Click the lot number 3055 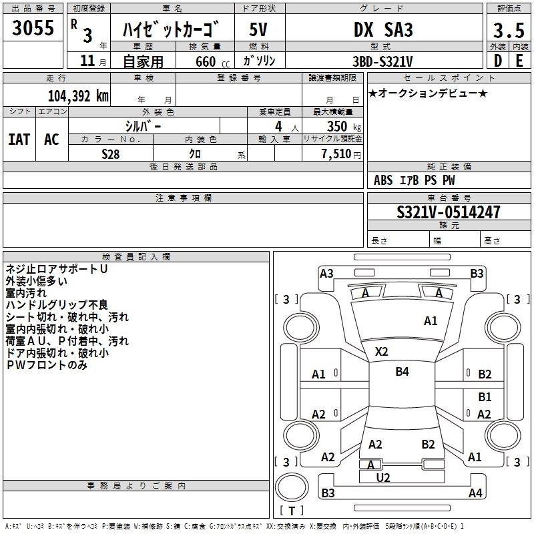(x=33, y=29)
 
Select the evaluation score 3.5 (x=507, y=31)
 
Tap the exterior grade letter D (x=497, y=60)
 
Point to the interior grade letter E (x=519, y=60)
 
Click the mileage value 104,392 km (x=78, y=95)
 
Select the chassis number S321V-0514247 (x=448, y=213)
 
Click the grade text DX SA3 (x=383, y=30)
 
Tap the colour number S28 (x=110, y=153)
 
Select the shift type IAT (x=19, y=140)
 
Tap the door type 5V (x=259, y=30)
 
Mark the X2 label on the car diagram (x=382, y=351)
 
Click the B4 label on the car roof (x=402, y=372)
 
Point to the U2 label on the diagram (x=383, y=477)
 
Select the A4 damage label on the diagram (x=475, y=493)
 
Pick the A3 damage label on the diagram (x=326, y=273)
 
